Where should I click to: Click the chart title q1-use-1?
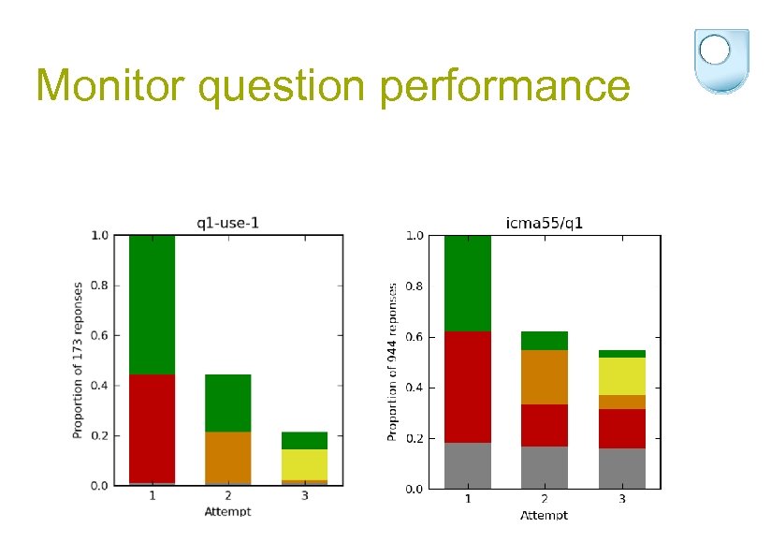(x=227, y=222)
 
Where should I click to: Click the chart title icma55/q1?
(x=545, y=223)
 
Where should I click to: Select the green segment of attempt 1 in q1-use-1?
(x=153, y=304)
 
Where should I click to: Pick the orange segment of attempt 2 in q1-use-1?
(x=228, y=457)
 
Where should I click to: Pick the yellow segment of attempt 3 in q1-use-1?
(x=304, y=464)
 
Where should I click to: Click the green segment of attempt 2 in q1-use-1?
(x=228, y=403)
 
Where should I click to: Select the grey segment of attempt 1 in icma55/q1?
(x=468, y=465)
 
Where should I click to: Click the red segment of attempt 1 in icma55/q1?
(x=468, y=387)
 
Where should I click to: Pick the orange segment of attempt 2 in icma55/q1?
(x=545, y=377)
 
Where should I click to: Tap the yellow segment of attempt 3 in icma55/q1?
(x=622, y=376)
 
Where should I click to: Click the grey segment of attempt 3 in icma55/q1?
(x=622, y=468)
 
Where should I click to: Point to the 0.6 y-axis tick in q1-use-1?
(x=99, y=335)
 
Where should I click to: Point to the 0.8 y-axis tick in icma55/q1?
(x=413, y=286)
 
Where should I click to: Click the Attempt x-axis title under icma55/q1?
(x=544, y=515)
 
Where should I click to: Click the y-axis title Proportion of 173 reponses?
(x=78, y=360)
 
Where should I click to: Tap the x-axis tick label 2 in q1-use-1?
(x=228, y=496)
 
